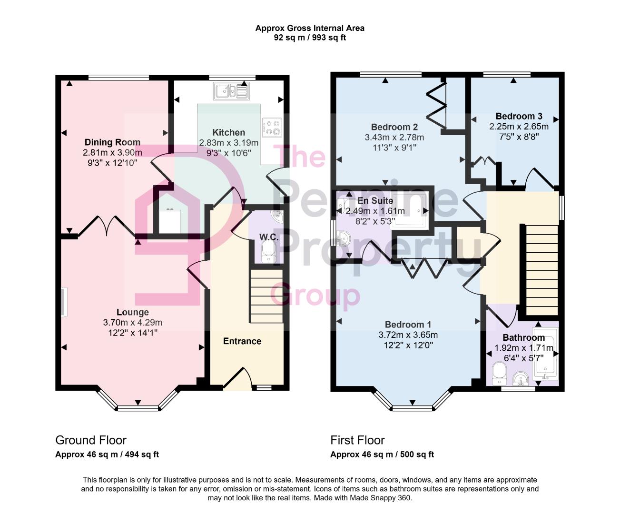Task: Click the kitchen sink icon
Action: coord(231,90)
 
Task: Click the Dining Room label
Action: coord(112,142)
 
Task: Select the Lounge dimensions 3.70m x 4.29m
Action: coord(132,323)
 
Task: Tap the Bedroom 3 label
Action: coord(519,116)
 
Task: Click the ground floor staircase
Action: coord(266,297)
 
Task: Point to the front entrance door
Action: coord(237,378)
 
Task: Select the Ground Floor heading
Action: coord(91,440)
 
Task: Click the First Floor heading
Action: coord(357,440)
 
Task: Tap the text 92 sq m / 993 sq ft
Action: coord(310,38)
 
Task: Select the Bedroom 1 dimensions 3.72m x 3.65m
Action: coord(408,335)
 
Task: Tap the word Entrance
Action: coord(242,341)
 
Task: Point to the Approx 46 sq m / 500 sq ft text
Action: coord(382,455)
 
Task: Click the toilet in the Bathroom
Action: coord(499,372)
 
